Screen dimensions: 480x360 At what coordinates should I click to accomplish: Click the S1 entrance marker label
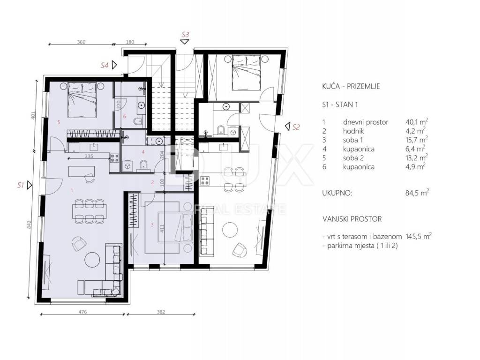point(21,185)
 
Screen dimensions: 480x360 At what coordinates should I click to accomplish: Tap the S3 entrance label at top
point(185,34)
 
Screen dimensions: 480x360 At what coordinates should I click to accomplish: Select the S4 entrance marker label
point(105,65)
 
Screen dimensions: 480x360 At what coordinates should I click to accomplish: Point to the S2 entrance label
point(296,127)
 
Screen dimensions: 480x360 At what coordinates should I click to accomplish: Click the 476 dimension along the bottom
point(82,312)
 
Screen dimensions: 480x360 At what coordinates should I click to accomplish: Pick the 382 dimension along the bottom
point(161,312)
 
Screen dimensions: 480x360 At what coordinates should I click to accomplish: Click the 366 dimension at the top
point(81,42)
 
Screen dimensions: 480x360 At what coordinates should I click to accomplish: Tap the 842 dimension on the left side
point(30,225)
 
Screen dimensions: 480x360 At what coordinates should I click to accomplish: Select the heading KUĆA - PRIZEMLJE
point(351,86)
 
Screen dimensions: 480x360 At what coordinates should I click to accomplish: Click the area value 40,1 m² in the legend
point(417,121)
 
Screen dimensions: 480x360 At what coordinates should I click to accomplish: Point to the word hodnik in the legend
point(353,131)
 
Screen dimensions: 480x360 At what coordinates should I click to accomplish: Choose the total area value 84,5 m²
point(417,193)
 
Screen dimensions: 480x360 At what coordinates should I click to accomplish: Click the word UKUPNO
point(337,193)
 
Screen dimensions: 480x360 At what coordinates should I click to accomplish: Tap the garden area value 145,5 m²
point(419,236)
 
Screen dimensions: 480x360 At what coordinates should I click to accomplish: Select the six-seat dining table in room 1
point(90,211)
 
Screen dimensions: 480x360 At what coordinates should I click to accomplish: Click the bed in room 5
point(82,100)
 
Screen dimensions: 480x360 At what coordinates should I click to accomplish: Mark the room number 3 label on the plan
point(152,225)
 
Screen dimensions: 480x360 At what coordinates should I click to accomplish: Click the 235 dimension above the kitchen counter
point(89,156)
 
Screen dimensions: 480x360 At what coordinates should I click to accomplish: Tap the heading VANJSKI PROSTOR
point(352,219)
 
